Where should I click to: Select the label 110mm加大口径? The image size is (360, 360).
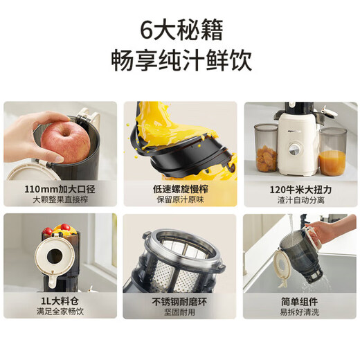click(x=60, y=188)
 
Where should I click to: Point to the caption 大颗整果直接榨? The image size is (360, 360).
click(x=60, y=201)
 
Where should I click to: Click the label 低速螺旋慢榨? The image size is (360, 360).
click(x=180, y=188)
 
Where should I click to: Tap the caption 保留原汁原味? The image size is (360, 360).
click(x=180, y=201)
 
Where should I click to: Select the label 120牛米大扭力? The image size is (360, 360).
click(x=299, y=188)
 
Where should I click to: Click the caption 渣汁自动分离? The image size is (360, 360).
click(x=299, y=201)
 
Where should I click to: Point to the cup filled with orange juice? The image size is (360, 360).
click(x=332, y=156)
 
